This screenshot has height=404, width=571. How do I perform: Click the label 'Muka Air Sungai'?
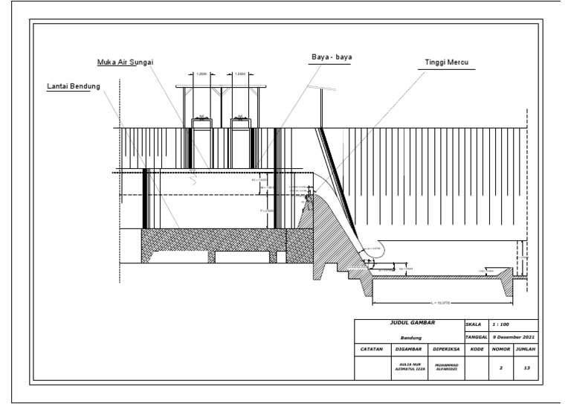tap(130, 61)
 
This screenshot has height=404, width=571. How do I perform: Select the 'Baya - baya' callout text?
tap(332, 57)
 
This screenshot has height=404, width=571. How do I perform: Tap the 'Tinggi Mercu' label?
tap(450, 62)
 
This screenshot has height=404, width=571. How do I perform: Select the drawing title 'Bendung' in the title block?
tap(412, 337)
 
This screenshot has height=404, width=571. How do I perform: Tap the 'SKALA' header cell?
tap(473, 325)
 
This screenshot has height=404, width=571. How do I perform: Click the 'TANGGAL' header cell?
tap(474, 337)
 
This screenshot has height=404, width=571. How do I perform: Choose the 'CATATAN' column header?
tap(372, 348)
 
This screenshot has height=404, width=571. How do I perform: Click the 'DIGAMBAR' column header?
tap(410, 348)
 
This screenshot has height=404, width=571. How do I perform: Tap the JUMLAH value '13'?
tap(527, 367)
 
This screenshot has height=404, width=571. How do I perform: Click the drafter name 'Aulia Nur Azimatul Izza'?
tap(410, 367)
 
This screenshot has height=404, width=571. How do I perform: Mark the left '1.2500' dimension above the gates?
tap(201, 74)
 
